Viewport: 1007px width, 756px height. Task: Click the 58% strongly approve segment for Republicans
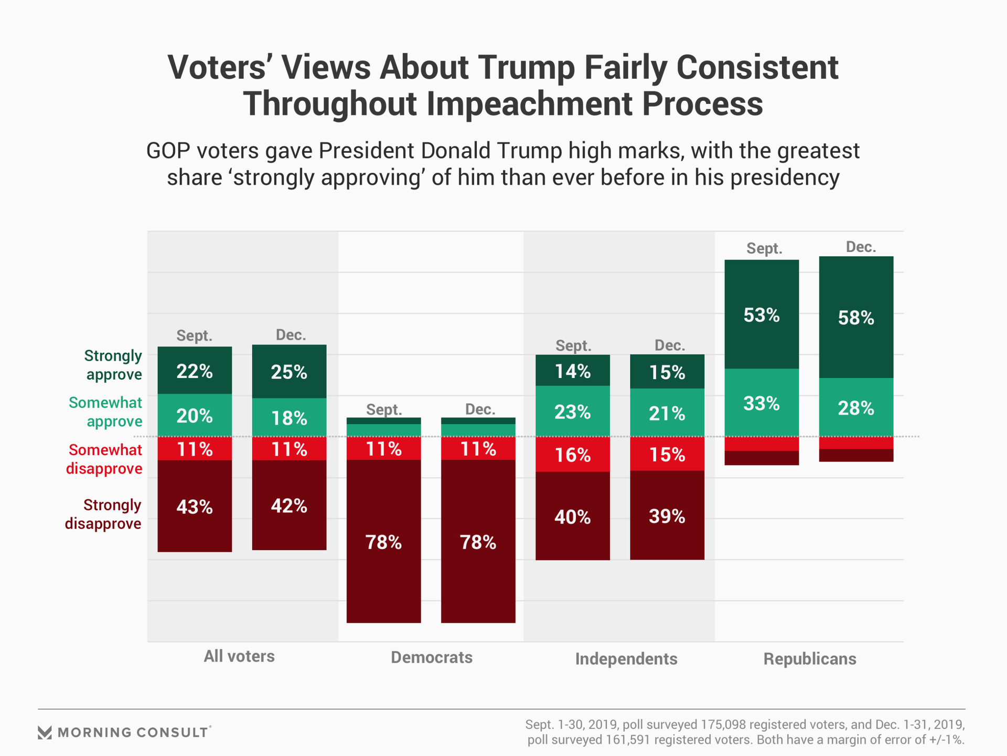(x=856, y=318)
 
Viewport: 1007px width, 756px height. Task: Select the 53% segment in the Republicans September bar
(x=762, y=315)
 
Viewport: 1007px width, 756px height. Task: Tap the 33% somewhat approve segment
(x=762, y=403)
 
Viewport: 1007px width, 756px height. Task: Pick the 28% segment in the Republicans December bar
(x=856, y=407)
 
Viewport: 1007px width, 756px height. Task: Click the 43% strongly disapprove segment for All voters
(x=195, y=506)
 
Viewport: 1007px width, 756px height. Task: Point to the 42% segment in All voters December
(x=289, y=505)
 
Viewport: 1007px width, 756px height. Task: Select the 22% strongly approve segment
(x=195, y=371)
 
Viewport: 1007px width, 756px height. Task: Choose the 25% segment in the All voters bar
(x=289, y=372)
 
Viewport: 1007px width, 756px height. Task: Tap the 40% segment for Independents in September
(x=573, y=517)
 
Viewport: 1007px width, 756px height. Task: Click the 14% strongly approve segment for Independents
(x=573, y=371)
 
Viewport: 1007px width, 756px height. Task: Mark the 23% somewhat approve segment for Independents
(x=573, y=412)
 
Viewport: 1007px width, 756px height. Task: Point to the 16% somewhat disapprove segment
(x=573, y=455)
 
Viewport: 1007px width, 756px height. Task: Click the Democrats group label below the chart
(x=432, y=657)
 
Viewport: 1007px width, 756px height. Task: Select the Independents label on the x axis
(x=626, y=659)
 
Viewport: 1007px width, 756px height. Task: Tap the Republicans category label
(x=810, y=659)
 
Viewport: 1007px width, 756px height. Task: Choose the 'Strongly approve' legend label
(x=113, y=365)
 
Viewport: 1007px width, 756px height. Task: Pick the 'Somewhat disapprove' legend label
(x=104, y=459)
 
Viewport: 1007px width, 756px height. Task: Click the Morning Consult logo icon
(x=45, y=732)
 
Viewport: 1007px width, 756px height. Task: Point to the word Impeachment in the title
(x=530, y=103)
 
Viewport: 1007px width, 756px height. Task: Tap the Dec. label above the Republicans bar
(x=861, y=247)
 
